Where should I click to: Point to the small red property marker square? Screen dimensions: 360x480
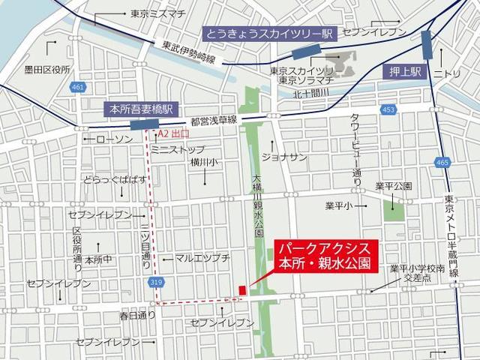[242, 290]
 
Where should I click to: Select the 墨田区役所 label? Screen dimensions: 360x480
[46, 70]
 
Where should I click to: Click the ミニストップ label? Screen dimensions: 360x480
[178, 149]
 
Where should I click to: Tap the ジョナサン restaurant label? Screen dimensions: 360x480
[285, 156]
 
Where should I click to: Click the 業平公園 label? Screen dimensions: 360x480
[395, 184]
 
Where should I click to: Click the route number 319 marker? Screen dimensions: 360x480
[156, 282]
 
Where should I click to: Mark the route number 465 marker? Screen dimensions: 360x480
[442, 161]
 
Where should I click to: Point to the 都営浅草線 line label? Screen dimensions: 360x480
[213, 120]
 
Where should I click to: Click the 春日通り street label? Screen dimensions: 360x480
[137, 316]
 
